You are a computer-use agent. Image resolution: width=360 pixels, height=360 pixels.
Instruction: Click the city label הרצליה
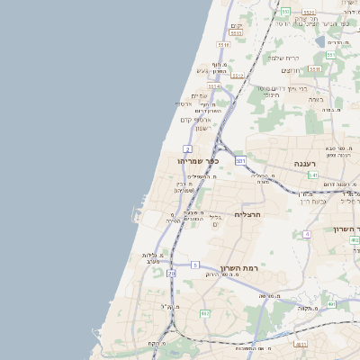[247, 215]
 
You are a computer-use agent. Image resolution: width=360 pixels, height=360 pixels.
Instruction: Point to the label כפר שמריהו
[199, 160]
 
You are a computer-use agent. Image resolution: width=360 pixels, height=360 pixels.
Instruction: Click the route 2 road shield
[187, 148]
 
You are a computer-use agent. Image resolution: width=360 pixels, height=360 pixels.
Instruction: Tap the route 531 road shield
[240, 160]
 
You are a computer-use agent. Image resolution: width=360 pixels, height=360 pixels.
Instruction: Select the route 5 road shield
[194, 265]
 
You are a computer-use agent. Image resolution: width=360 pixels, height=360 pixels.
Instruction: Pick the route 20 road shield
[172, 285]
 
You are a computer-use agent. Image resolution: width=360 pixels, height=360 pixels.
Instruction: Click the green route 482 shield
[204, 313]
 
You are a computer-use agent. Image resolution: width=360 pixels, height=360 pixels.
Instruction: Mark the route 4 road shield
[307, 234]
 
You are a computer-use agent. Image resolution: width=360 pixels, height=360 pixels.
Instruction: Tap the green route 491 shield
[330, 304]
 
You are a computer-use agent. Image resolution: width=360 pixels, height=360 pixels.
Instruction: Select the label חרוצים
[290, 70]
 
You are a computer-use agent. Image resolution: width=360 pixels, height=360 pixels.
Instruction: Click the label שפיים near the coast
[199, 95]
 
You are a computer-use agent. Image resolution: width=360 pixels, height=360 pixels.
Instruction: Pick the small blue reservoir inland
[319, 41]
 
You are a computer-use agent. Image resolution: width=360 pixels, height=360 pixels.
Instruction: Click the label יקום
[237, 26]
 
